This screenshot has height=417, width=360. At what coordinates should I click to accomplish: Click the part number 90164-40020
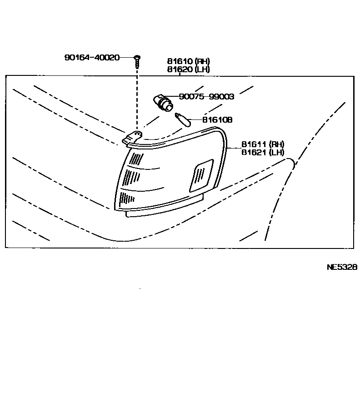92,58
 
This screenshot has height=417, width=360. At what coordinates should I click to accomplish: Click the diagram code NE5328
342,267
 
